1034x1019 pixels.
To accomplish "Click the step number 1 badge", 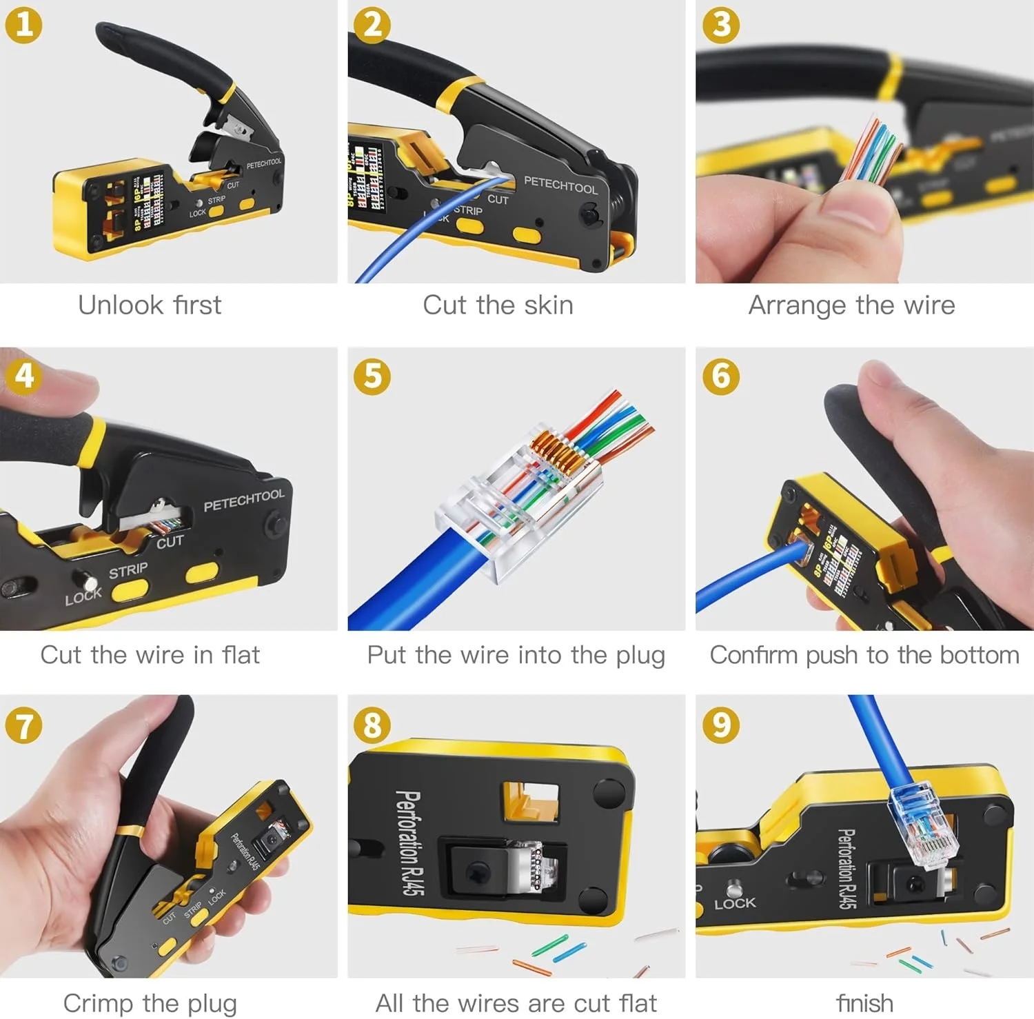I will coord(23,25).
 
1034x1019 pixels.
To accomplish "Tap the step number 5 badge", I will coord(372,376).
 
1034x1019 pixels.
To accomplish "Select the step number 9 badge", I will coord(721,725).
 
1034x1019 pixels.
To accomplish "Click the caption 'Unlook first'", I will coord(150,305).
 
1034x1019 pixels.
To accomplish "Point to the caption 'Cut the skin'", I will coord(498,305).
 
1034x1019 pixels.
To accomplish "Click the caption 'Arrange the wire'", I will coord(852,305).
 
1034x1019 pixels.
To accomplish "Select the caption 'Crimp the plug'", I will coord(150,1003).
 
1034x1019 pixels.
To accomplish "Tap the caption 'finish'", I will coord(864,1003).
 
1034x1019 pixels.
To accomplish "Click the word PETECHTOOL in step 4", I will coord(243,501).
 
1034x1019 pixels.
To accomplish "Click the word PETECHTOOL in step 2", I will coord(560,185).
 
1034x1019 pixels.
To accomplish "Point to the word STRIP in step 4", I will coord(128,570).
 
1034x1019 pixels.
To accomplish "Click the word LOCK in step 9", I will coord(735,903).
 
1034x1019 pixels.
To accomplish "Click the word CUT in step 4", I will coord(170,542).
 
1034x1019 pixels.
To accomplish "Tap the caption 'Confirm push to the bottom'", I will coord(864,654).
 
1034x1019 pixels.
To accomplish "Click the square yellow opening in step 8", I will coord(530,801).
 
